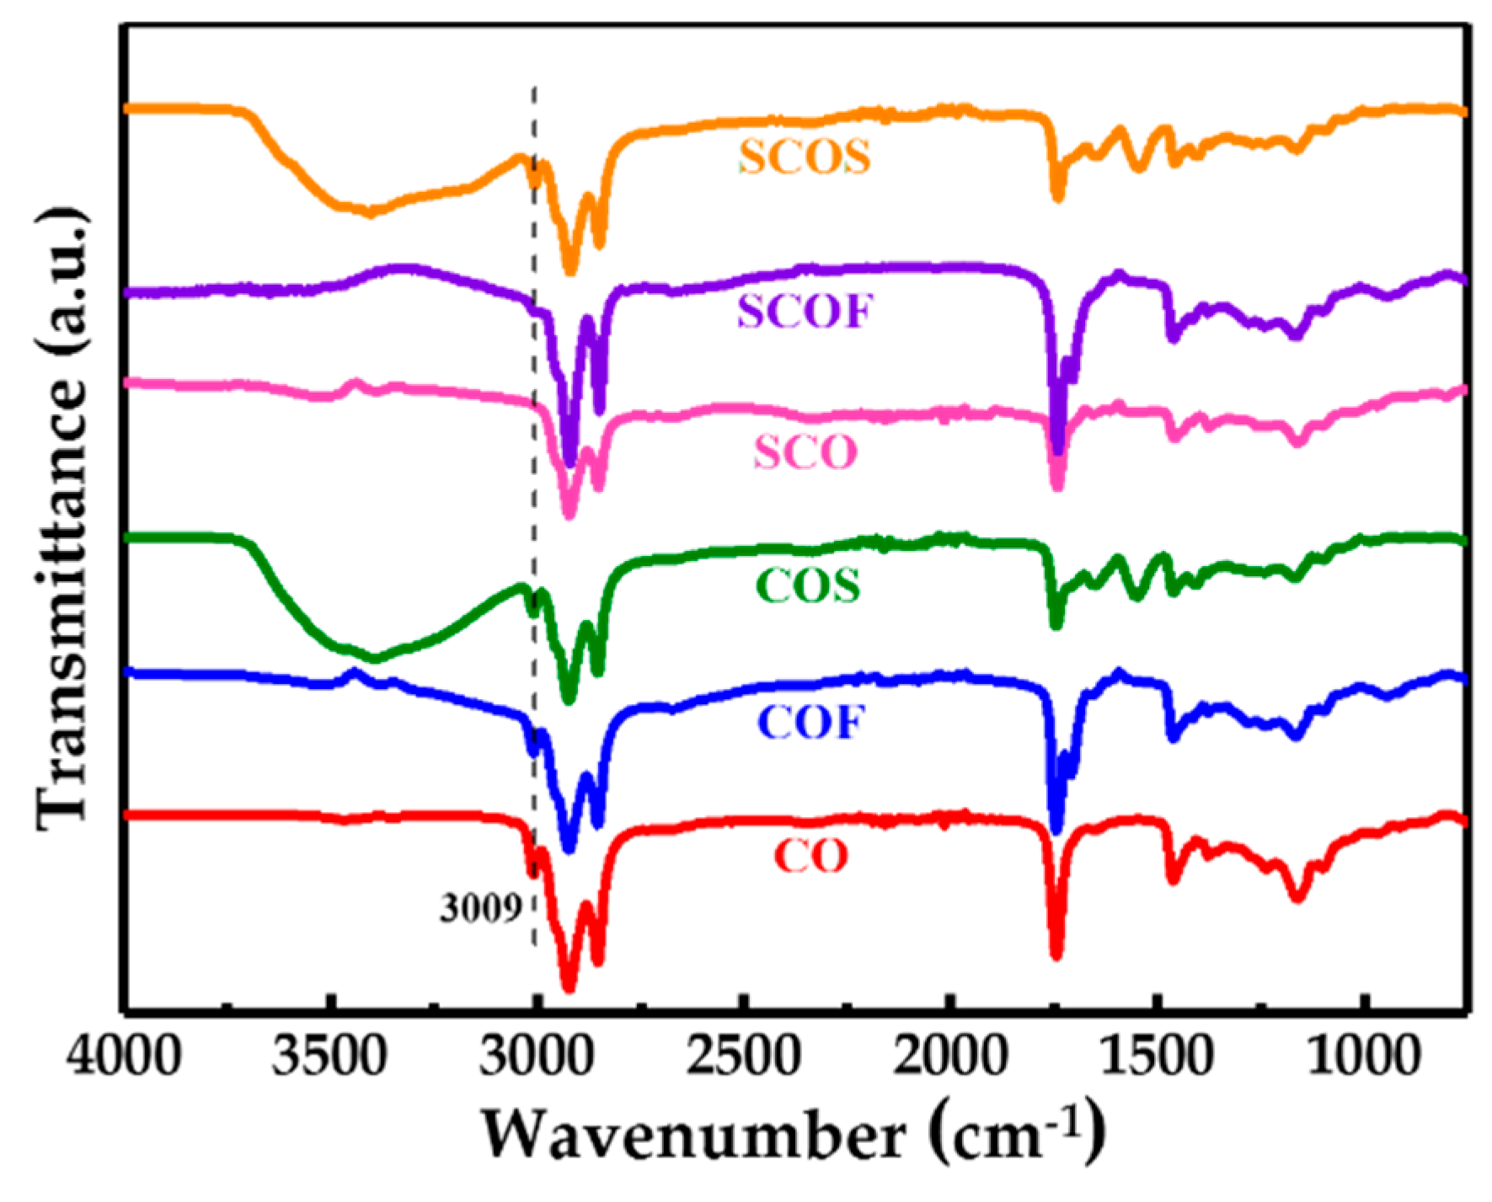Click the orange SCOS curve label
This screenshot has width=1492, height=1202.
pos(805,158)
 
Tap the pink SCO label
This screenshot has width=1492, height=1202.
pos(805,453)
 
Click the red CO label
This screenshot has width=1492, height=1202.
pos(810,857)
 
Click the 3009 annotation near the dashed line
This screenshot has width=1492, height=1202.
pos(479,909)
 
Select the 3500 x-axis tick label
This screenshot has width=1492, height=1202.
pos(334,1055)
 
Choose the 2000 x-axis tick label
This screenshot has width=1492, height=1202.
pos(952,1055)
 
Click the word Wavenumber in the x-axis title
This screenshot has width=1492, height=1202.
pos(704,1137)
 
